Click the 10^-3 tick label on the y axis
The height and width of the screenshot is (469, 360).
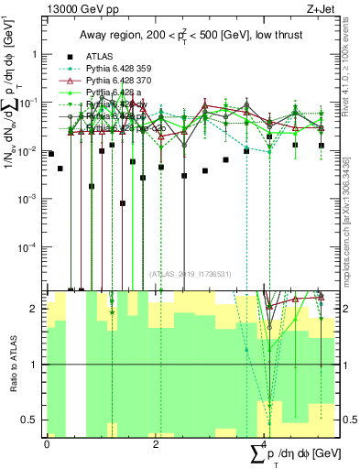[29, 199]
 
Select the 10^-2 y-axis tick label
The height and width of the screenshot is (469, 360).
[29, 150]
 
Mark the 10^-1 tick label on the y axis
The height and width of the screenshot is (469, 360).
[29, 103]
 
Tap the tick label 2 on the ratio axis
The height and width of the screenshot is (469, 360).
[36, 309]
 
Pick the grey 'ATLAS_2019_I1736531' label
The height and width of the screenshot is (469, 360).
[190, 274]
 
